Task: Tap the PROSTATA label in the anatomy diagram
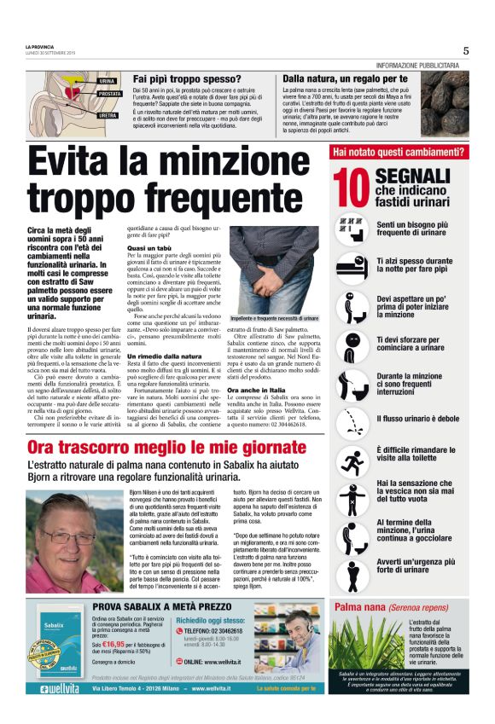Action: pyautogui.click(x=109, y=94)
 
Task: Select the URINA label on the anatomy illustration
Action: pyautogui.click(x=107, y=80)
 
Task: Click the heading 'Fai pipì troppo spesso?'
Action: pyautogui.click(x=186, y=78)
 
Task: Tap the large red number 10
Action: pyautogui.click(x=351, y=188)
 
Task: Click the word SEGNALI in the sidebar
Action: pyautogui.click(x=412, y=175)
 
